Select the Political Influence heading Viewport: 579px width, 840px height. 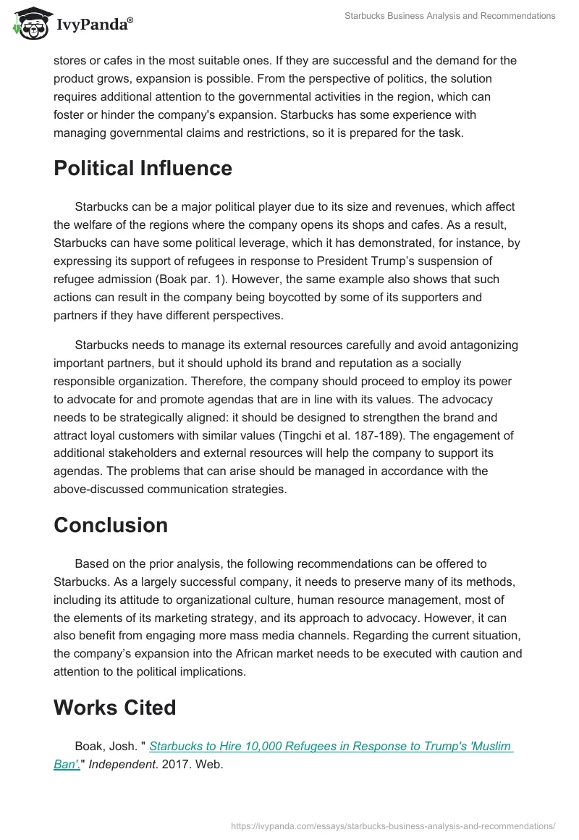(143, 169)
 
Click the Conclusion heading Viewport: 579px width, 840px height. (110, 525)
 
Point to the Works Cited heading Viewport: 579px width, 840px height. (114, 707)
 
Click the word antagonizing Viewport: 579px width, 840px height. (473, 345)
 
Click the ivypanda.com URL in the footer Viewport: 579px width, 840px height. (393, 825)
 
